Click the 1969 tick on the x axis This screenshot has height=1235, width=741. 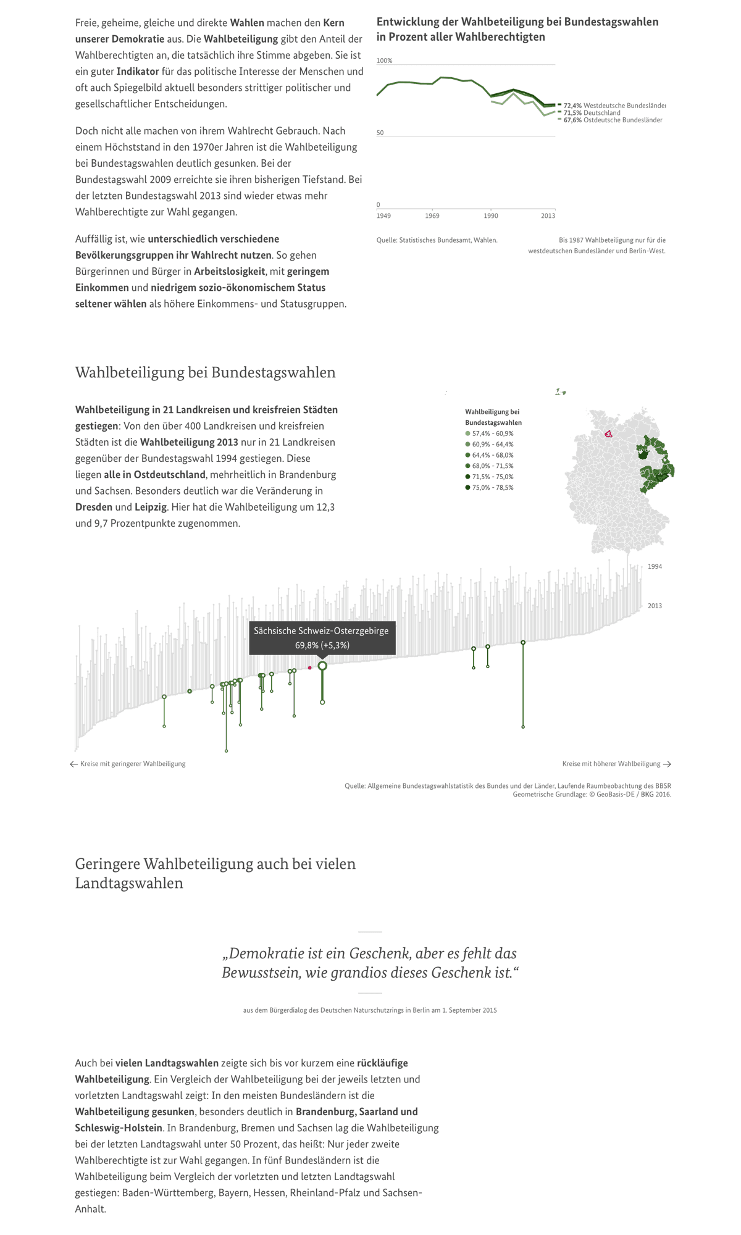coord(432,216)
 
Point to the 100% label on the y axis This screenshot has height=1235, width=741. coord(384,61)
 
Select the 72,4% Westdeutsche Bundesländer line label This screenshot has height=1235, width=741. coord(614,106)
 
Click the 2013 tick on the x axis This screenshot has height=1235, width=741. coord(548,216)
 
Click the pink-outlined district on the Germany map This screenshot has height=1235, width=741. coord(608,434)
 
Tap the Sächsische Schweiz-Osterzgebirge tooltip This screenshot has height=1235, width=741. coord(322,638)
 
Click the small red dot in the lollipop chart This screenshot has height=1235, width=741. coord(310,668)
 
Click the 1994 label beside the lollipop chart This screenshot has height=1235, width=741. coord(655,566)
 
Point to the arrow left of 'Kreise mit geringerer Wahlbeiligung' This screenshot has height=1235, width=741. coord(74,764)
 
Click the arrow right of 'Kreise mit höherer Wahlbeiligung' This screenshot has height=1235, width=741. coord(667,764)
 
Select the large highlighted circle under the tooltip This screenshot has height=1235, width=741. coord(322,666)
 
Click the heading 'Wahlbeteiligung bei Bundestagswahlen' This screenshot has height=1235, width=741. coord(205,372)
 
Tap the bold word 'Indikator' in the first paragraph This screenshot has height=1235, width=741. coord(138,71)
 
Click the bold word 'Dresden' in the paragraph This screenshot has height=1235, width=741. coord(94,507)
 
